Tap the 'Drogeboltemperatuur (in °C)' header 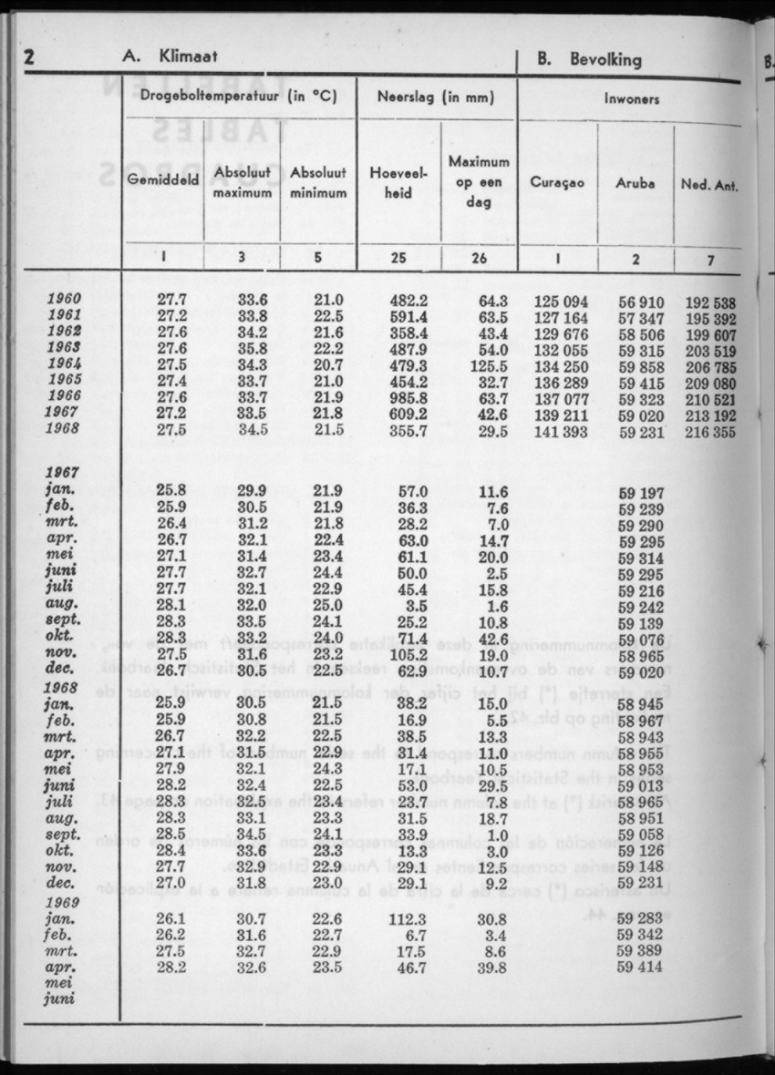(x=239, y=96)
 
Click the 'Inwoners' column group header (x=632, y=98)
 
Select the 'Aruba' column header (x=635, y=182)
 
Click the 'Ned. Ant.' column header (x=708, y=186)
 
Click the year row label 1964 (x=64, y=363)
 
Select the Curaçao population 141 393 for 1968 (x=560, y=431)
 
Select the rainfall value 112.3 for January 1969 (x=408, y=919)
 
